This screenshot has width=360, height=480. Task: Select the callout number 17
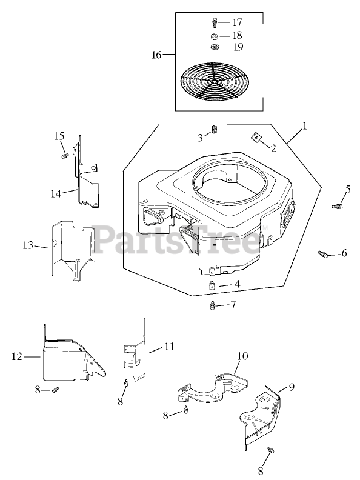237,22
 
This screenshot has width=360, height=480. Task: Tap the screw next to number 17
215,22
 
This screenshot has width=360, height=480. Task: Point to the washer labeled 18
215,36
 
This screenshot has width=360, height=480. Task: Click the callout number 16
156,55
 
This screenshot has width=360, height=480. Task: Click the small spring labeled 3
215,130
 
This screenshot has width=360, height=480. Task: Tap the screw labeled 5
336,206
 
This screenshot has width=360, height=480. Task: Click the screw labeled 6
323,254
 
